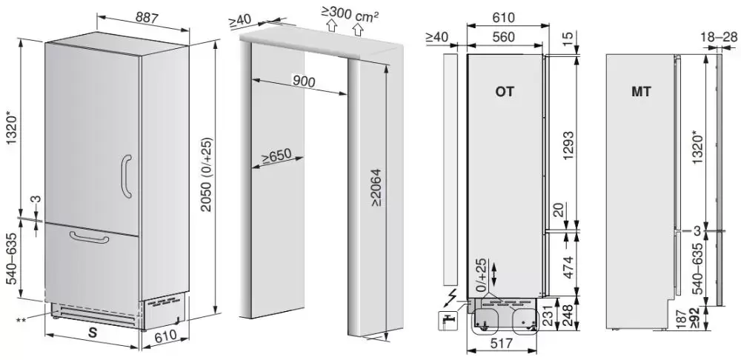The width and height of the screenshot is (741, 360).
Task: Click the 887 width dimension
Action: (147, 17)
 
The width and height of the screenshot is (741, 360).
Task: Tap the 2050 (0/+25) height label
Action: (207, 174)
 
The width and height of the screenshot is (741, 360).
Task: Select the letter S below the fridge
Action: (93, 333)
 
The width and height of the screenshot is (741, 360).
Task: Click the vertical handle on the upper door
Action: (126, 176)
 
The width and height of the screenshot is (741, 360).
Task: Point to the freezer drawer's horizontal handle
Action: (89, 237)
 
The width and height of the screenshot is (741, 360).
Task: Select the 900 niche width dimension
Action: (303, 81)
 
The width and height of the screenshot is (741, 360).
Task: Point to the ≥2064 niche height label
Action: (376, 187)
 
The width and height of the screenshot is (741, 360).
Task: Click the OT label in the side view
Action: (504, 92)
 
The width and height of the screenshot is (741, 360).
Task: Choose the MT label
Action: (641, 92)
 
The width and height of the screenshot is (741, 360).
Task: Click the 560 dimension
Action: (503, 37)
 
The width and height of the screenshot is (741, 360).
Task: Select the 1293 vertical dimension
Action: (568, 145)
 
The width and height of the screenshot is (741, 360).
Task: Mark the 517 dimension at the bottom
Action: (501, 344)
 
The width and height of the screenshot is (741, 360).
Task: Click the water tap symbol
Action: (448, 321)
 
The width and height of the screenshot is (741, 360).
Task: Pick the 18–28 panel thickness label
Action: (720, 37)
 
